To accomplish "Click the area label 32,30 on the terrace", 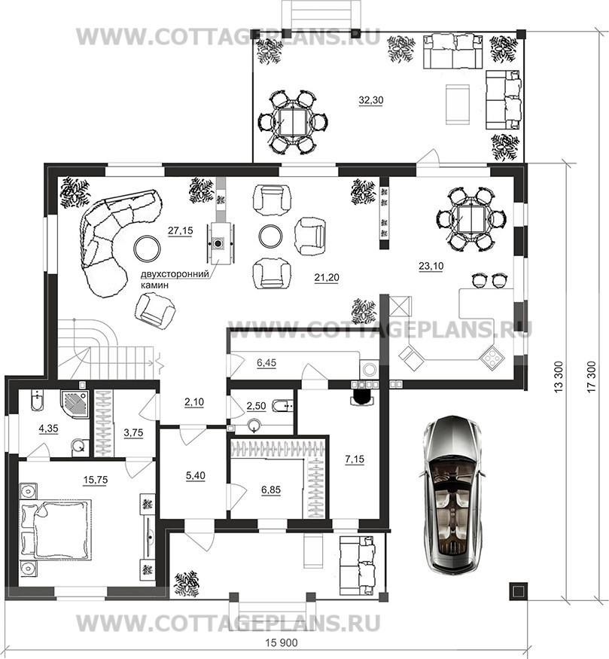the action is click(371, 100).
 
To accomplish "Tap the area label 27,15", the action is click(180, 230).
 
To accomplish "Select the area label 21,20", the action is click(327, 277).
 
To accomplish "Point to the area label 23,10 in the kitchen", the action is click(431, 266).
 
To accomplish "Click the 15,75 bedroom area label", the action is click(96, 481).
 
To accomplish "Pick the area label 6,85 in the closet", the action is click(271, 490).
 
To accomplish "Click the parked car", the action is click(452, 494).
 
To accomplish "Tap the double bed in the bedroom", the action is click(56, 529).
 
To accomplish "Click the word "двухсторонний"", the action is click(175, 274).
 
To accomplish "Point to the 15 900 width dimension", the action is click(282, 643).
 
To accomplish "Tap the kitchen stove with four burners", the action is click(490, 357).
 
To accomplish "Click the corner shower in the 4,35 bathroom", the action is click(75, 401).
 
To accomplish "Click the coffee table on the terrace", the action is click(457, 104).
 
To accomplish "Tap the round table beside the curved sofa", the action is click(147, 248).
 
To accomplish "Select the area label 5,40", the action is click(195, 476).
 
